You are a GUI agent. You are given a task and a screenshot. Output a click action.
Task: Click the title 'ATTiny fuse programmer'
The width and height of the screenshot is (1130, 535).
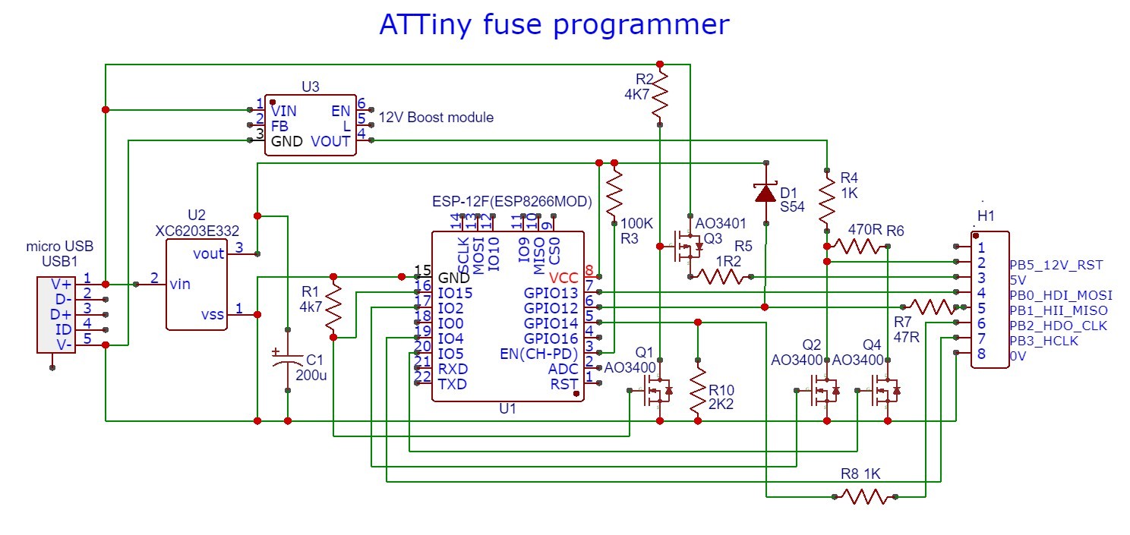(x=554, y=24)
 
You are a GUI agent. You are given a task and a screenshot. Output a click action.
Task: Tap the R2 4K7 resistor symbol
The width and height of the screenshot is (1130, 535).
(x=660, y=94)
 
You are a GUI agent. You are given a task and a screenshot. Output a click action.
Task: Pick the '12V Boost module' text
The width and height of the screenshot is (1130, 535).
(x=436, y=118)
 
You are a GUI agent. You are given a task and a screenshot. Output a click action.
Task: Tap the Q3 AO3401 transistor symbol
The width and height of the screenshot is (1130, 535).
(x=687, y=247)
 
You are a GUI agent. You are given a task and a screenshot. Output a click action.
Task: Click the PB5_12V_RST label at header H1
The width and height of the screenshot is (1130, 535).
(x=1056, y=265)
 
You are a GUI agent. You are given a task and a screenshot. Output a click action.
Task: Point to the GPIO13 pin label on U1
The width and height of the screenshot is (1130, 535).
(x=551, y=292)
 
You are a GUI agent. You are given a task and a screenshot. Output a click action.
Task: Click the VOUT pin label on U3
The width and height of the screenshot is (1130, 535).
(x=330, y=141)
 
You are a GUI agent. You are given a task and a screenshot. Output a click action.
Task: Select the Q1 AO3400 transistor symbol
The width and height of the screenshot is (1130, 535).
(x=657, y=391)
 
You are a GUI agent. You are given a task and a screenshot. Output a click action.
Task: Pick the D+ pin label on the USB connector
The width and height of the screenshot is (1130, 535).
(x=62, y=314)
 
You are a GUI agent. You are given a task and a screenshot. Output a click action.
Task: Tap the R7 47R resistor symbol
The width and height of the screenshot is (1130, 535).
(x=932, y=307)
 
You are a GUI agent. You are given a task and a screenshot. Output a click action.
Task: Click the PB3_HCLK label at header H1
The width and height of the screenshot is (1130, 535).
(x=1045, y=341)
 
